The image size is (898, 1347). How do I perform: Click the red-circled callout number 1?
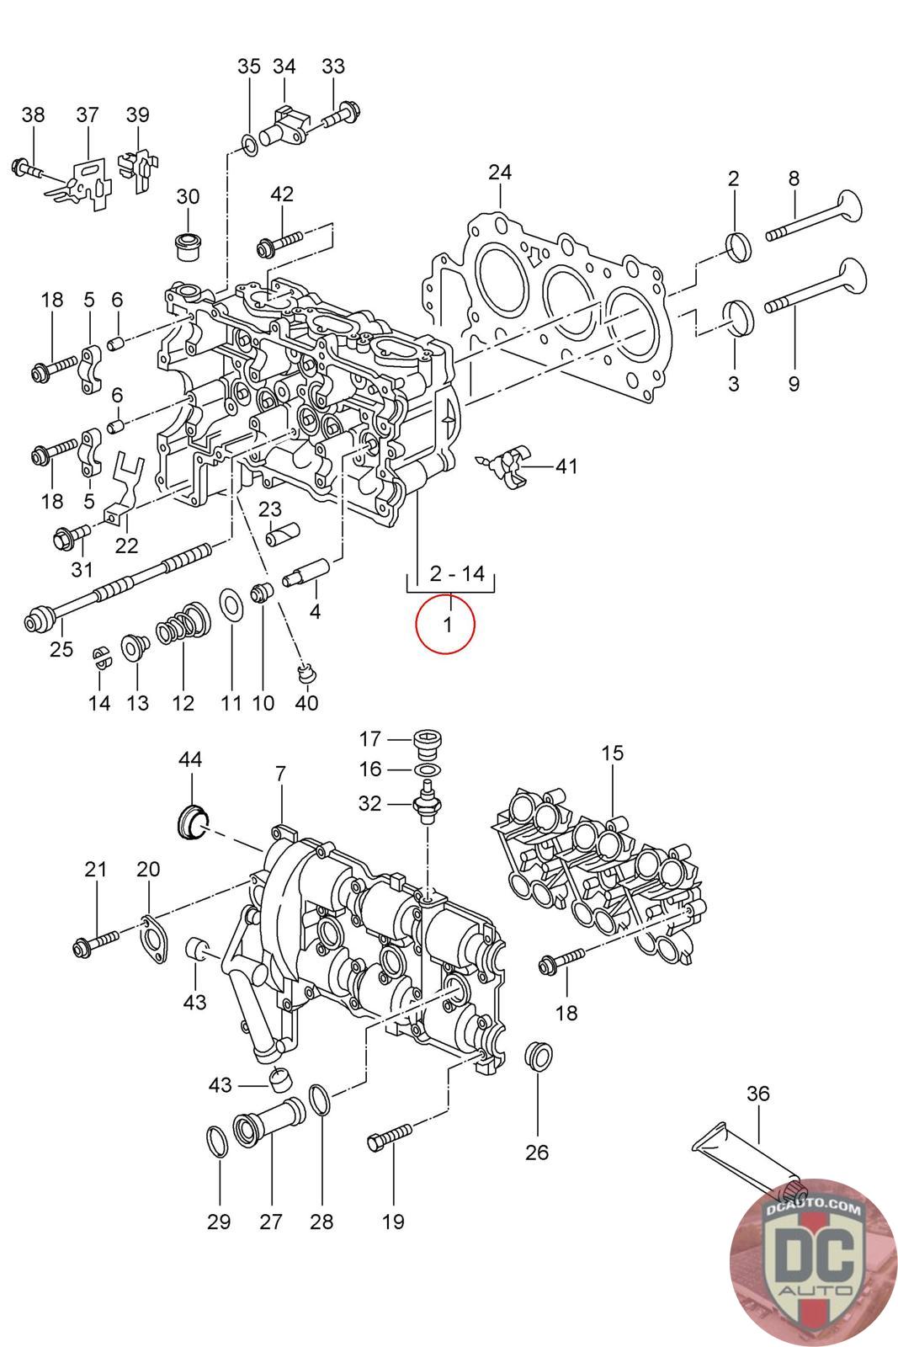coord(447,625)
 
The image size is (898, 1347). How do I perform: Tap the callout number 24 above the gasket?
coord(499,173)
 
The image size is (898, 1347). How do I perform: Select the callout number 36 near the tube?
coord(757,1094)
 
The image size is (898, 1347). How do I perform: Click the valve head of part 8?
coord(848,207)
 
